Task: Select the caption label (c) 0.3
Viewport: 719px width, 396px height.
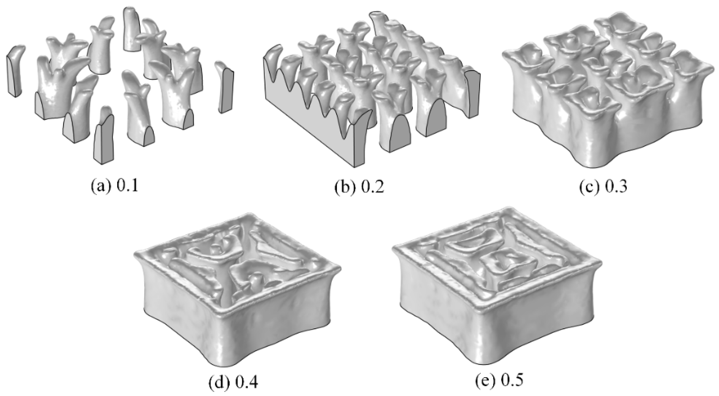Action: point(603,187)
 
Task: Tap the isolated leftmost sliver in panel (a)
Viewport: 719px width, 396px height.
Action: point(14,72)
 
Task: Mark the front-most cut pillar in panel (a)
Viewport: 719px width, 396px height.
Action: point(104,140)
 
